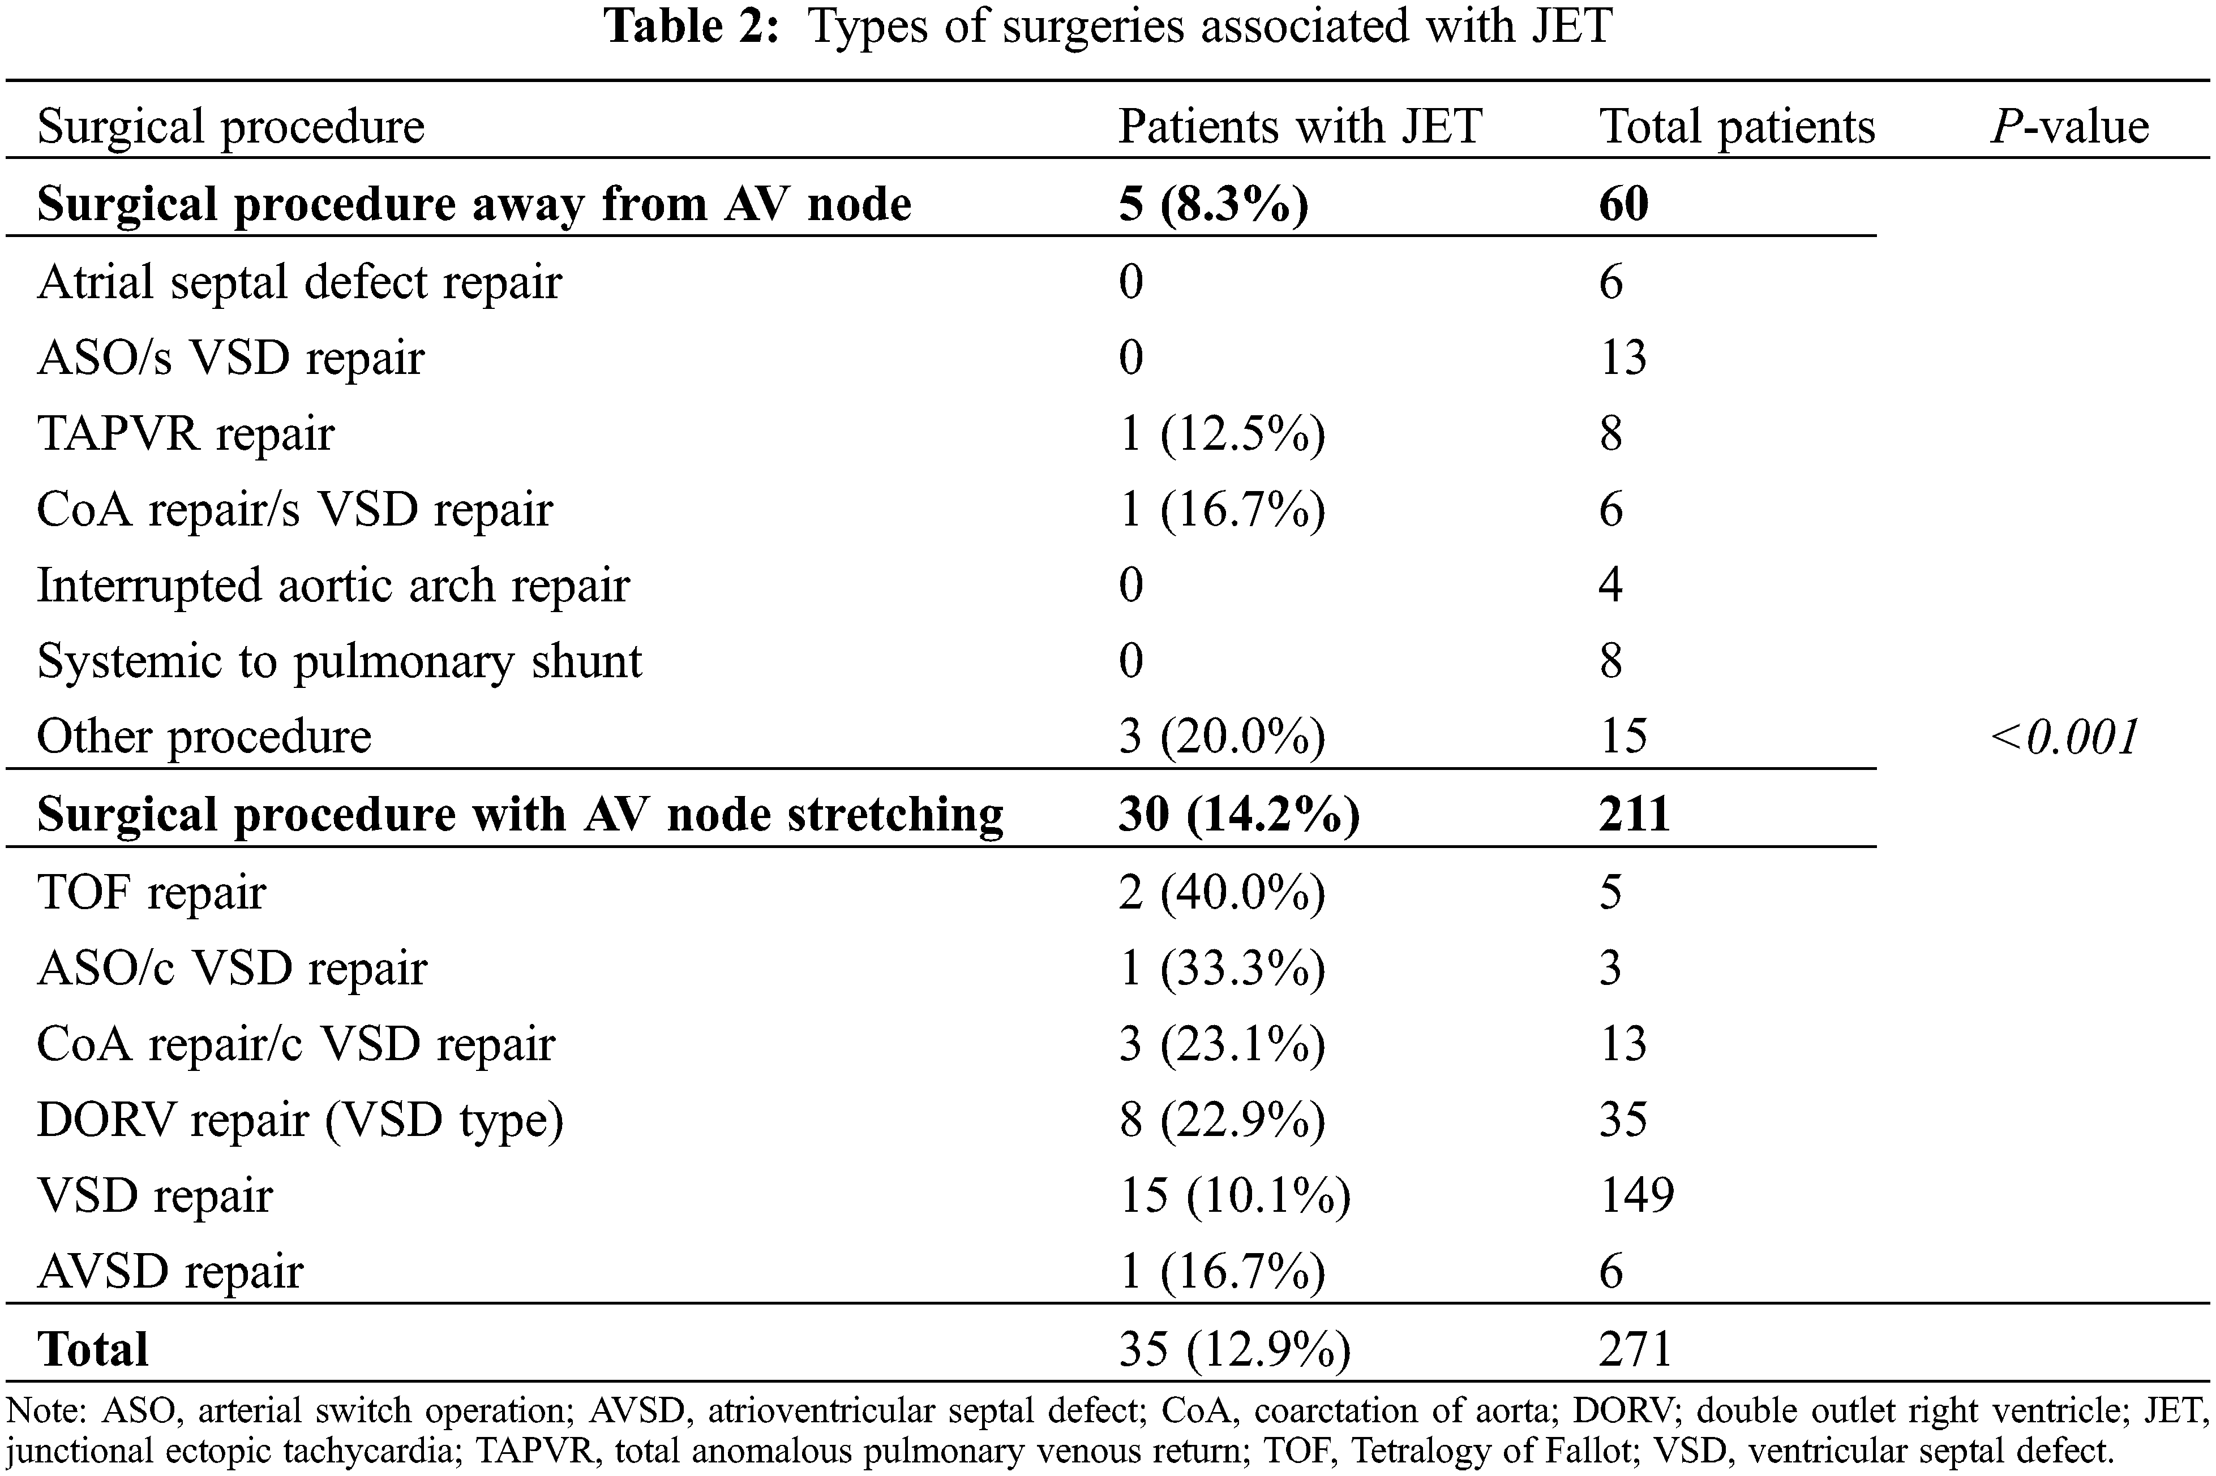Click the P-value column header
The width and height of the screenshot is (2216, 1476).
(x=2069, y=126)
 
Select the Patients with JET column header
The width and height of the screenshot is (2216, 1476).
(x=1300, y=126)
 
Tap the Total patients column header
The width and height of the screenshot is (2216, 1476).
(x=1737, y=126)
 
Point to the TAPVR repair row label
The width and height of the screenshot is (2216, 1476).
(x=186, y=434)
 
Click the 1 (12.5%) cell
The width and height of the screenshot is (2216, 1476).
(x=1221, y=434)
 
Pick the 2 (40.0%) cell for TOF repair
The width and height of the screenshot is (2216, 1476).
(x=1221, y=892)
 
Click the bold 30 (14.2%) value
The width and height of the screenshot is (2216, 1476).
(x=1238, y=814)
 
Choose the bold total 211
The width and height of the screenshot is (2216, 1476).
(x=1634, y=814)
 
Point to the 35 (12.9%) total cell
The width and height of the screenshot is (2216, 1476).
(x=1234, y=1349)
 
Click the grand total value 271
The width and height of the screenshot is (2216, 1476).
(x=1634, y=1349)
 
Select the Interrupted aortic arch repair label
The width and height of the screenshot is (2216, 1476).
(x=332, y=586)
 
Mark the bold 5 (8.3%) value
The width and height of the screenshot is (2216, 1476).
(x=1213, y=204)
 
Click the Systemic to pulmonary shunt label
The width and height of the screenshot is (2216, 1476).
(x=339, y=661)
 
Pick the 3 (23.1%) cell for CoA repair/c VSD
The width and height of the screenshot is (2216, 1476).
(x=1221, y=1044)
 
